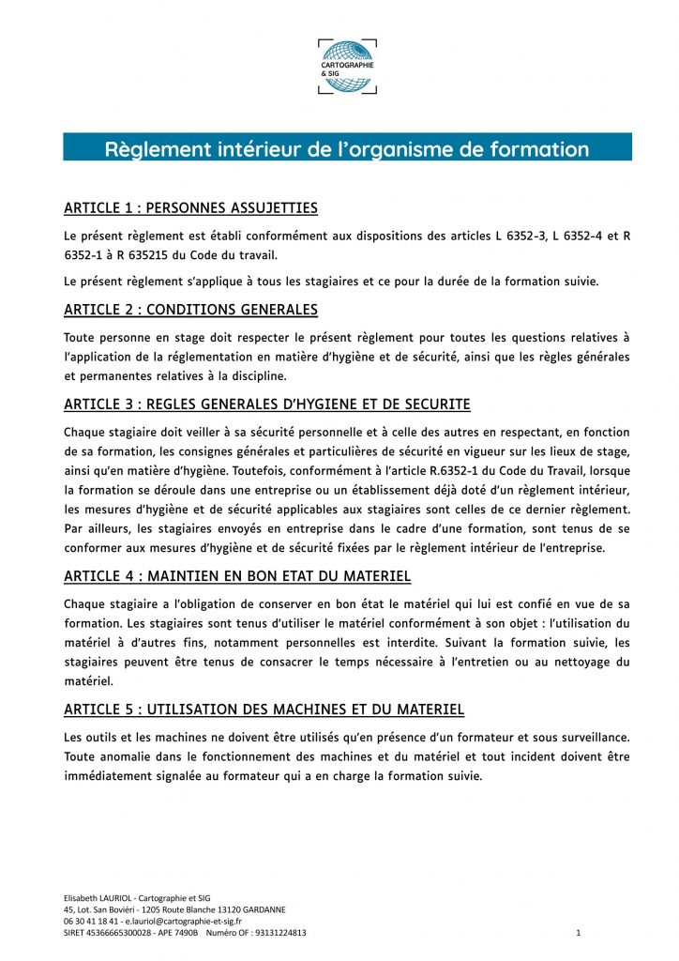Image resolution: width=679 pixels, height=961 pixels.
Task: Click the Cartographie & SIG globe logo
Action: tap(347, 66)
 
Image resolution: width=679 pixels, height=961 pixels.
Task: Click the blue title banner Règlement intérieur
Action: tap(347, 148)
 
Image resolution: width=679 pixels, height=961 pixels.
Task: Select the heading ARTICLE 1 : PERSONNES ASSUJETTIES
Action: tap(190, 208)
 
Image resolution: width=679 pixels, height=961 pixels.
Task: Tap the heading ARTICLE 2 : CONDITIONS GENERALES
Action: tap(190, 310)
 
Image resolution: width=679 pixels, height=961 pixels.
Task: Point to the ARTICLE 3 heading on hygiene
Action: tap(267, 404)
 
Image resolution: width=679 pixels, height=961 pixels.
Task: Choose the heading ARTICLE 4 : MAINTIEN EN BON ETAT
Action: tap(237, 575)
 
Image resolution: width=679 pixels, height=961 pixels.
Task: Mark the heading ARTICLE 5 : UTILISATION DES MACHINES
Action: tap(264, 709)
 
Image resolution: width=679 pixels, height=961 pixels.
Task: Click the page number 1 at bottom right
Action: tap(579, 934)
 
